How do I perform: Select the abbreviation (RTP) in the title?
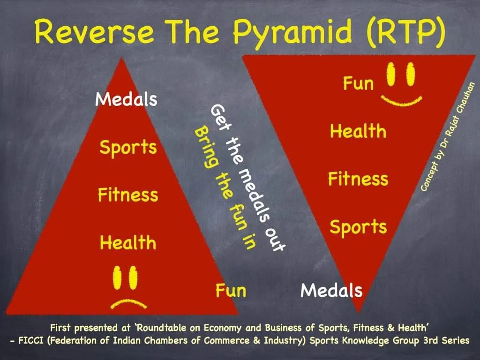[x=405, y=32]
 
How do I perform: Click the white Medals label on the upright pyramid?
[x=126, y=99]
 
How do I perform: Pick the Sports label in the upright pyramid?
[x=128, y=148]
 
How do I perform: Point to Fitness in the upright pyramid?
[x=128, y=195]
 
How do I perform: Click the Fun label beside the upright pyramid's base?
[x=231, y=290]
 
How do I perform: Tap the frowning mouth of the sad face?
[x=128, y=304]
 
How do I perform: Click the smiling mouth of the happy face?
[x=401, y=102]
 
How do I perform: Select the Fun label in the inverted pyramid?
[x=358, y=83]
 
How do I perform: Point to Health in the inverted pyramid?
[x=358, y=131]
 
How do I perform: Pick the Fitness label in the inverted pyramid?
[x=358, y=179]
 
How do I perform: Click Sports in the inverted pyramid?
[x=358, y=227]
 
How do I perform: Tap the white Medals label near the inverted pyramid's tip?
[x=331, y=290]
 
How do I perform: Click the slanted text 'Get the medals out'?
[x=248, y=178]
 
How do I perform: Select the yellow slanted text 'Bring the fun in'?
[x=225, y=188]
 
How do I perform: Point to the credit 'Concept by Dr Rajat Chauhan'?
[x=448, y=137]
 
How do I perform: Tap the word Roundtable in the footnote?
[x=161, y=328]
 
